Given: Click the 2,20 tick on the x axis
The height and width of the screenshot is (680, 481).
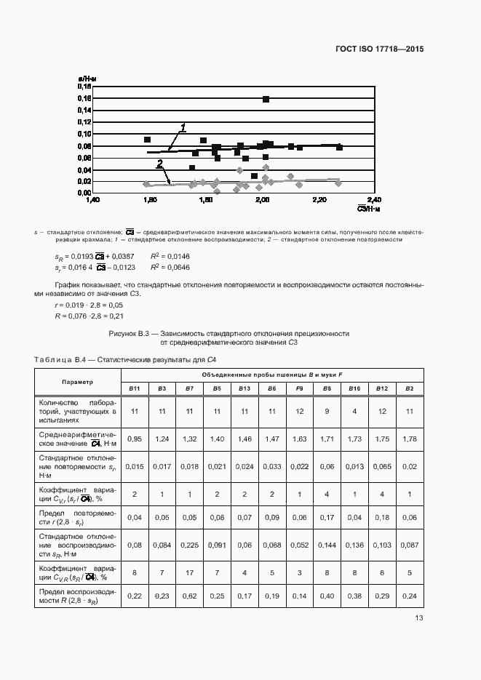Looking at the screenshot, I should (318, 199).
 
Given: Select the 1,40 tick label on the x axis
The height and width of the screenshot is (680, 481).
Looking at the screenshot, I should (92, 199).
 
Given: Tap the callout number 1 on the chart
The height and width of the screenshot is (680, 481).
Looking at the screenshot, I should (183, 128).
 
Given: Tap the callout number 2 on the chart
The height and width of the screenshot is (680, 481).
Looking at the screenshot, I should (159, 164).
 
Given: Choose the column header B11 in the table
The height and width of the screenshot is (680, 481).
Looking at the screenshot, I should (134, 388).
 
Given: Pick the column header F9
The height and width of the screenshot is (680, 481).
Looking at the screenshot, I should (299, 388).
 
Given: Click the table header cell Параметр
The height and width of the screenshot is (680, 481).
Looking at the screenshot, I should (77, 381).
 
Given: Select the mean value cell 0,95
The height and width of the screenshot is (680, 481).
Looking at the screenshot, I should (134, 439).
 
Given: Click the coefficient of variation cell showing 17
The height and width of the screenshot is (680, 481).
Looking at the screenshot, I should (189, 572).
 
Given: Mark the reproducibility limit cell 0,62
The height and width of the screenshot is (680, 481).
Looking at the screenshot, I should (189, 596).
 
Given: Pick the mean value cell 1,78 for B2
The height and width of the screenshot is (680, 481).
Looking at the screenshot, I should (409, 439).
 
